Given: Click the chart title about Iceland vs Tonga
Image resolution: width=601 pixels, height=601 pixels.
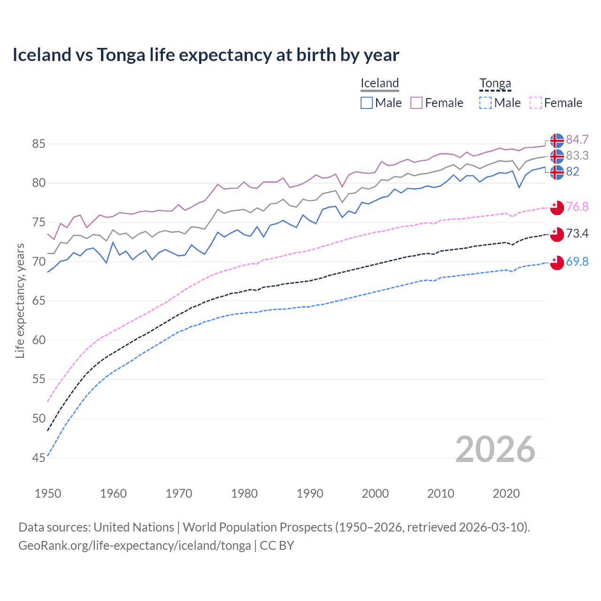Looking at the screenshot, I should (206, 55).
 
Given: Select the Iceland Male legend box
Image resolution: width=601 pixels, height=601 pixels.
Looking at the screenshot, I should (367, 103).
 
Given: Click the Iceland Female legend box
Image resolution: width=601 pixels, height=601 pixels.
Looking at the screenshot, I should (416, 103).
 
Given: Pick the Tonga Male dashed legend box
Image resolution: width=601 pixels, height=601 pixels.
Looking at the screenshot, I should (485, 103).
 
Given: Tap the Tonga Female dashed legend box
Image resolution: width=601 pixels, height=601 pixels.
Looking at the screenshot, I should (535, 103).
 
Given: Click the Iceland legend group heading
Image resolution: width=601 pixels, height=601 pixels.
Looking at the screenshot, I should (379, 83).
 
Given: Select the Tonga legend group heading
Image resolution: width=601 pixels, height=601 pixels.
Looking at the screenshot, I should (495, 83).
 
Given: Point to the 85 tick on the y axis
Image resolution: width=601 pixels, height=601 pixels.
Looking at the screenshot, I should (39, 144).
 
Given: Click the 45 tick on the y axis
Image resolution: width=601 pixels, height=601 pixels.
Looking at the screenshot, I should (39, 458).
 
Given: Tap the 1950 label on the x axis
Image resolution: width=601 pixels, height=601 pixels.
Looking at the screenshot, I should (48, 493).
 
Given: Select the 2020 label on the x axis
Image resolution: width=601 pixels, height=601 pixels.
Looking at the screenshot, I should (506, 493).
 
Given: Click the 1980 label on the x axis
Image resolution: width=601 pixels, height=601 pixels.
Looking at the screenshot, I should (244, 493).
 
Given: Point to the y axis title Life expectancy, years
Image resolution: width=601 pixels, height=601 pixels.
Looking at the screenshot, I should (20, 300).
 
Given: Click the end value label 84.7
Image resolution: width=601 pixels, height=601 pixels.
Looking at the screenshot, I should (577, 139).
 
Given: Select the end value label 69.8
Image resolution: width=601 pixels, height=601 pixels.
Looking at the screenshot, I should (577, 262).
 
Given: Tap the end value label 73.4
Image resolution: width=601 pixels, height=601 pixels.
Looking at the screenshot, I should (577, 233).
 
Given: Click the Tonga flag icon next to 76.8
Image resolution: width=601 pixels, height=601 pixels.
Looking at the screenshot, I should (557, 207).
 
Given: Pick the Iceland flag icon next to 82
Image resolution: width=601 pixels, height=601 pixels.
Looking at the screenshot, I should (557, 172).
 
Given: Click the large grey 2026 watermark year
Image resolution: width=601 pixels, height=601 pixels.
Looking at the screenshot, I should (495, 449).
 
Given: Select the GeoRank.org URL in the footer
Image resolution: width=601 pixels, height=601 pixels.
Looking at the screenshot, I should (134, 546).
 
